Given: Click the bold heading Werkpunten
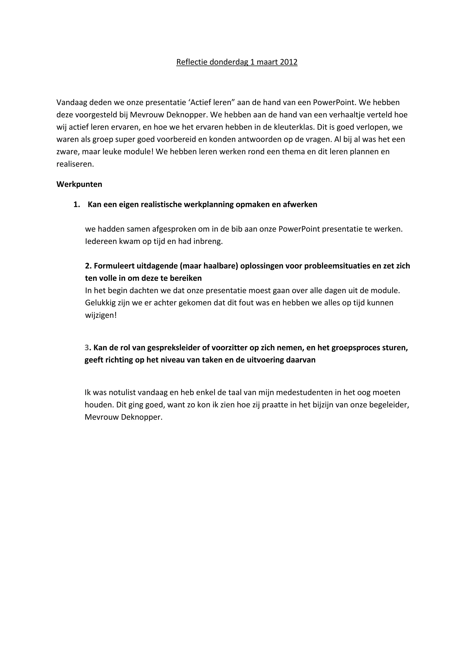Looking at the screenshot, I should click(x=79, y=184).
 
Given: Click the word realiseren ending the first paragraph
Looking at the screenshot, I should click(x=75, y=164).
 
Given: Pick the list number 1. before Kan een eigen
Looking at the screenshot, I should click(x=76, y=204).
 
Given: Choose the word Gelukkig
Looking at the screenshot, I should click(x=100, y=303).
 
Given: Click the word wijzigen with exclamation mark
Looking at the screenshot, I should click(x=101, y=315).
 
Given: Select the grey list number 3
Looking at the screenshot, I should click(x=87, y=347).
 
